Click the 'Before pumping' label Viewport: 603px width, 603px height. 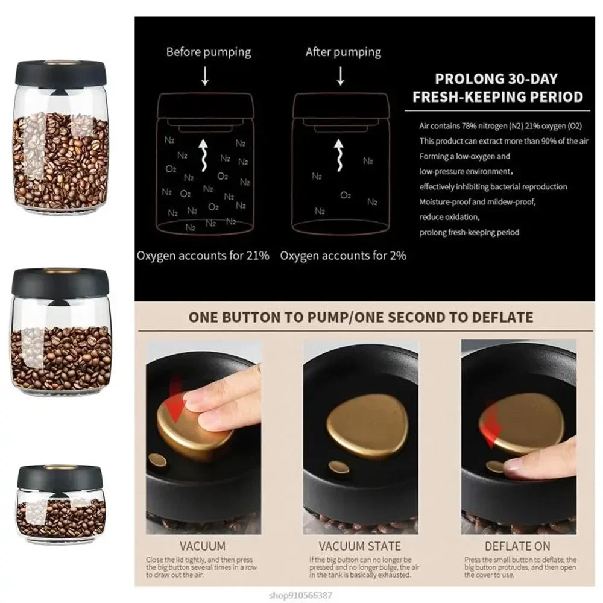tap(208, 52)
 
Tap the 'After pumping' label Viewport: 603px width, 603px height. tap(343, 52)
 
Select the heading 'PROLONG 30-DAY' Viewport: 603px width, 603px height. tap(496, 79)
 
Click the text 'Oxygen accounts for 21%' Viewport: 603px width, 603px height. tap(203, 255)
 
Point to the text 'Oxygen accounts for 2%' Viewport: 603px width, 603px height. tap(343, 255)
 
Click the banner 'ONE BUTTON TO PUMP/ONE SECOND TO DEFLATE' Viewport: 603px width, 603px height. tap(361, 317)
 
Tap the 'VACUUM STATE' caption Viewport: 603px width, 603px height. tap(359, 546)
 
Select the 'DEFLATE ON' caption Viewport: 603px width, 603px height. tap(518, 546)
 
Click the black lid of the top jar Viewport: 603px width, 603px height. tap(61, 71)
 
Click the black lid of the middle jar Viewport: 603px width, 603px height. tap(60, 282)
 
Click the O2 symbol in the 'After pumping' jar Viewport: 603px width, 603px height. tap(345, 195)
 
